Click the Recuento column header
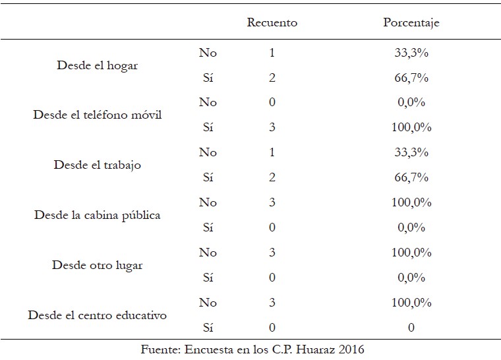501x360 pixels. [x=272, y=22]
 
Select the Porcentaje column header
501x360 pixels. [x=411, y=22]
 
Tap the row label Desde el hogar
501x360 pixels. [x=97, y=65]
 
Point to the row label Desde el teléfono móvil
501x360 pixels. [x=97, y=115]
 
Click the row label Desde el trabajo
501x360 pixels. [x=97, y=165]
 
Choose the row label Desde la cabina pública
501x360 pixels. [x=97, y=215]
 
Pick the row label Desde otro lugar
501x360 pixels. [x=97, y=265]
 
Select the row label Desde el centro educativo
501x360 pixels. [x=97, y=315]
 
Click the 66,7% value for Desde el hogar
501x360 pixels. [x=411, y=78]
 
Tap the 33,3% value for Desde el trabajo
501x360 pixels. [x=411, y=152]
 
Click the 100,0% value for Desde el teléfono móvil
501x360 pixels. [x=411, y=127]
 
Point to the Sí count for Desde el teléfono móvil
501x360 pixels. [x=272, y=127]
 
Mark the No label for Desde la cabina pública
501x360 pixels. [x=208, y=202]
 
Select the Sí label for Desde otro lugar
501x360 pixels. [x=208, y=277]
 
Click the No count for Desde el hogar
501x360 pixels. [x=272, y=53]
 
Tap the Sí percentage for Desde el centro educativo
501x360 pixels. [x=411, y=328]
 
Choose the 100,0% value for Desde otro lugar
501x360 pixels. [x=411, y=253]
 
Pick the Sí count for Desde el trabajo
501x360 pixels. [x=272, y=177]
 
